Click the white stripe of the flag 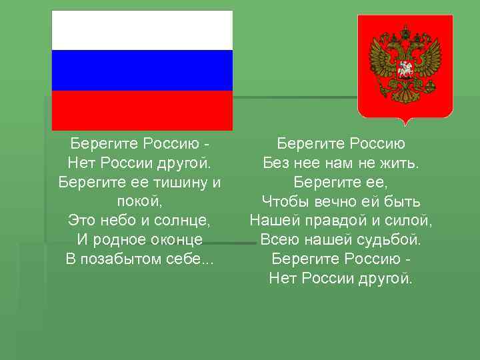(x=142, y=30)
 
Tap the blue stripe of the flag (x=142, y=70)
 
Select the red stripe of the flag (x=142, y=110)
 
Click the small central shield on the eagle (x=405, y=69)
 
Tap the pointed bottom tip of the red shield (x=405, y=123)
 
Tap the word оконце (x=173, y=239)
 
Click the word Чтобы (x=283, y=201)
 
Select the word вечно (x=333, y=201)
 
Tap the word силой (x=409, y=220)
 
